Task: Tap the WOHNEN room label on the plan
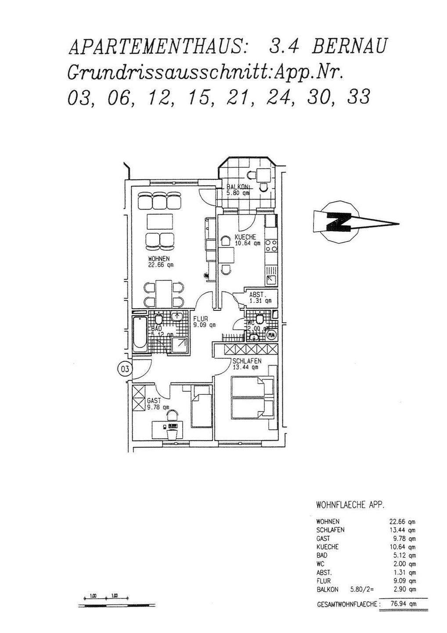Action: [159, 258]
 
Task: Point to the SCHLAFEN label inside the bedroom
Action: [247, 361]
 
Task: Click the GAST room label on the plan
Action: [154, 401]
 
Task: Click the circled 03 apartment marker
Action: [125, 369]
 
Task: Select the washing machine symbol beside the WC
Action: [271, 335]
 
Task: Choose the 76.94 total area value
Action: [403, 604]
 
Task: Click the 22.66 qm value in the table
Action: [402, 522]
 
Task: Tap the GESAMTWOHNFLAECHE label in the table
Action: [347, 605]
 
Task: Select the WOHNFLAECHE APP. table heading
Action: [350, 505]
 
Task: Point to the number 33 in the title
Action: [358, 97]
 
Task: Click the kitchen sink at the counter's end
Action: [270, 280]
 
